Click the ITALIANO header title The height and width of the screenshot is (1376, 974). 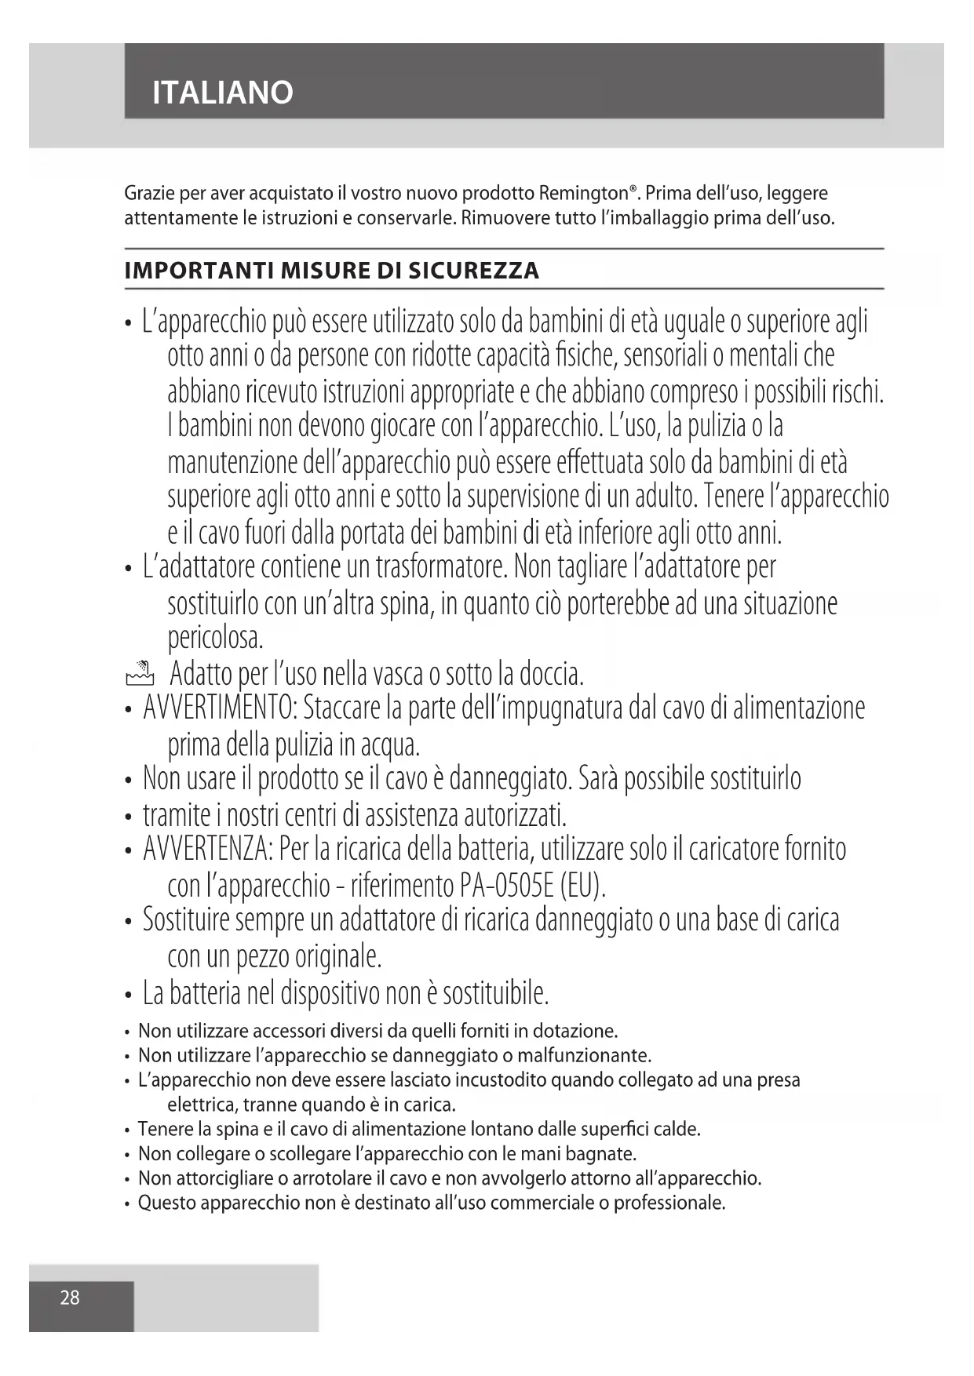click(223, 93)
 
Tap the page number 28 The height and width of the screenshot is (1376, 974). click(70, 1298)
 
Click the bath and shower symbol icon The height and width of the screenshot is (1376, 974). click(139, 672)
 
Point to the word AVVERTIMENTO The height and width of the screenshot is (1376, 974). click(219, 708)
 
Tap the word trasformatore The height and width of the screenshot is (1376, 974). click(443, 566)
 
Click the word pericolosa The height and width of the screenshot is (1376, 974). click(215, 637)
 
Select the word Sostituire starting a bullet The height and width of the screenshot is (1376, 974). click(186, 919)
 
